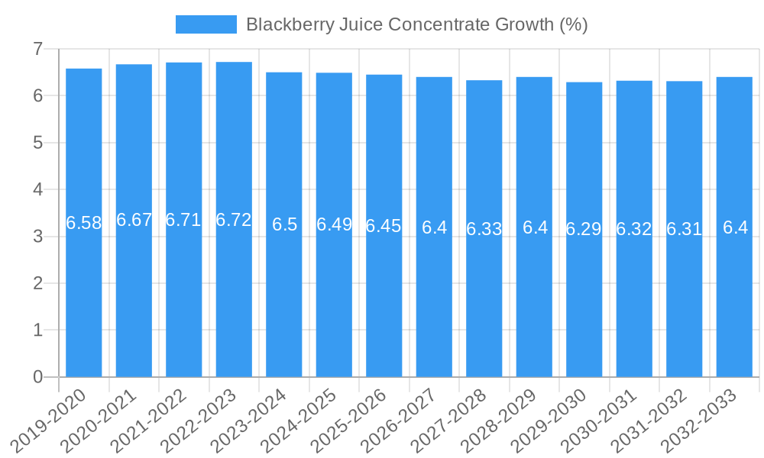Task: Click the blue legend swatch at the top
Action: pyautogui.click(x=206, y=24)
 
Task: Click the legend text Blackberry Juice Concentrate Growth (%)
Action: pyautogui.click(x=416, y=24)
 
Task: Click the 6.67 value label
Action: pyautogui.click(x=134, y=220)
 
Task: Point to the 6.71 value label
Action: pyautogui.click(x=184, y=220)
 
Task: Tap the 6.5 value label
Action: pyautogui.click(x=284, y=224)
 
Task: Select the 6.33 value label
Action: pyautogui.click(x=484, y=229)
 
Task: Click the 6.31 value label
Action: pyautogui.click(x=685, y=229)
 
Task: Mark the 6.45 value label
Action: pyautogui.click(x=384, y=226)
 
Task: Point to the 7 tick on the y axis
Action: pyautogui.click(x=37, y=49)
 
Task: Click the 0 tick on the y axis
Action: pyautogui.click(x=37, y=377)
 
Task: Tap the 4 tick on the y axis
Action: pyautogui.click(x=37, y=189)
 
